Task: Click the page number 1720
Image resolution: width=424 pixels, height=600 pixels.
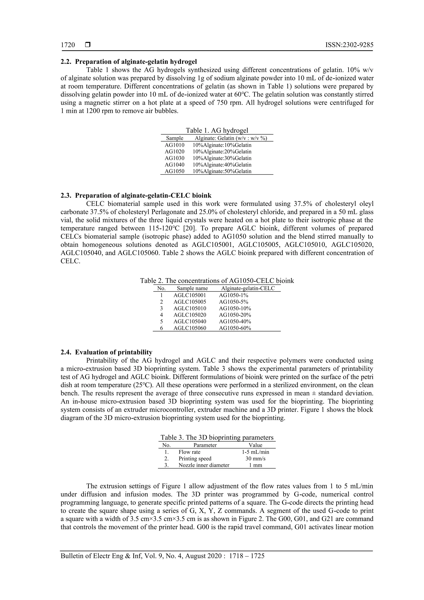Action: pyautogui.click(x=68, y=45)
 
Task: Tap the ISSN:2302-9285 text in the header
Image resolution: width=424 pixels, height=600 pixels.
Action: pyautogui.click(x=349, y=45)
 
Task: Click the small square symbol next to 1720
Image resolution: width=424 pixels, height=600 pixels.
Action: pyautogui.click(x=88, y=45)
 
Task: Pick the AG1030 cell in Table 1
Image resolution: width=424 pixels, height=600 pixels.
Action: pyautogui.click(x=174, y=158)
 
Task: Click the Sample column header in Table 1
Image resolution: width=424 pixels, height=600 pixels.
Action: pyautogui.click(x=175, y=138)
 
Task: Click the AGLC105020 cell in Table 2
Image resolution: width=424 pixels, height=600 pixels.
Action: pyautogui.click(x=190, y=315)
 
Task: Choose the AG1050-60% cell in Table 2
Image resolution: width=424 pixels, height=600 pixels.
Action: pyautogui.click(x=235, y=328)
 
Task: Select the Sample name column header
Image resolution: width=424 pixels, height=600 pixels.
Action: pyautogui.click(x=192, y=288)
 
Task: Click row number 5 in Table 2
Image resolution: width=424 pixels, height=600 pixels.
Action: pyautogui.click(x=161, y=321)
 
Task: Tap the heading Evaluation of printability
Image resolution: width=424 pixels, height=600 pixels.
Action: pyautogui.click(x=114, y=352)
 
